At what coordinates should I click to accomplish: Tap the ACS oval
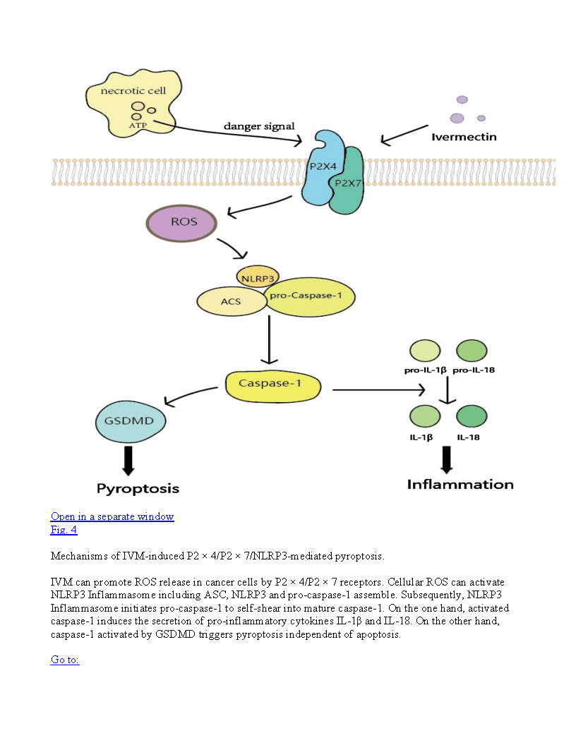click(230, 301)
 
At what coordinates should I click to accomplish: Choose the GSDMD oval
click(130, 423)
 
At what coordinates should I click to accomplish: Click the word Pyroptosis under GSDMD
click(138, 488)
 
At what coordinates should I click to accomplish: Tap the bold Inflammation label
click(460, 485)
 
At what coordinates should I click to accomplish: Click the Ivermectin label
click(464, 136)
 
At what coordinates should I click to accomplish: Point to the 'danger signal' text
click(259, 126)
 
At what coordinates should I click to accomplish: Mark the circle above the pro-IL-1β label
click(424, 350)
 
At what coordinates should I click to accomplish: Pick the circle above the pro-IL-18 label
click(472, 350)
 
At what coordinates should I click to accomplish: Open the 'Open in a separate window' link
click(112, 516)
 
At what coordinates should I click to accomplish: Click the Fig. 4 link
click(64, 530)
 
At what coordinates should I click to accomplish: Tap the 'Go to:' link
click(65, 660)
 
